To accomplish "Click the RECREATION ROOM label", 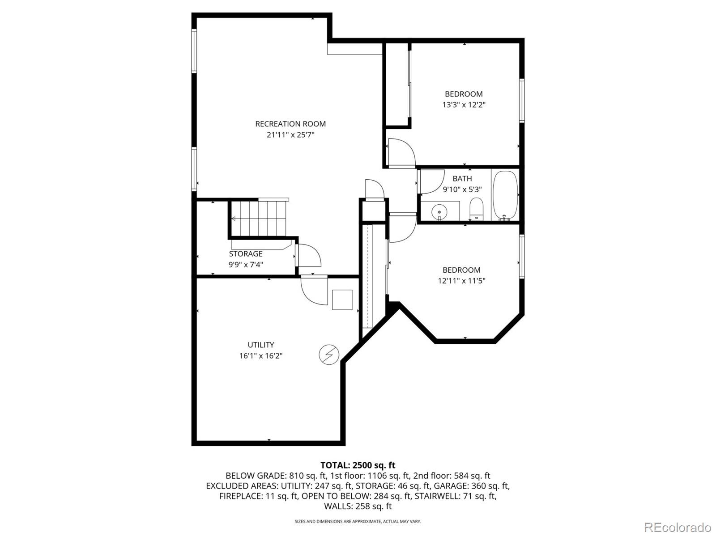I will [x=290, y=124].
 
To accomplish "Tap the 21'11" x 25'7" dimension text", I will [x=290, y=135].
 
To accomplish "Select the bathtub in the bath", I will [x=505, y=195].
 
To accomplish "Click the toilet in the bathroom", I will [x=476, y=208].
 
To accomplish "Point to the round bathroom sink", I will [x=440, y=211].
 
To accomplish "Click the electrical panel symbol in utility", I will [x=329, y=355].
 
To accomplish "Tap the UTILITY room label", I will [x=261, y=345].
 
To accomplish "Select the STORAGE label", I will [x=246, y=254].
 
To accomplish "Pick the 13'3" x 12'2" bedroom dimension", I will [x=464, y=105].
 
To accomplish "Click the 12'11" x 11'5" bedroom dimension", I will [x=461, y=281].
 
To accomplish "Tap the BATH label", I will [x=462, y=178].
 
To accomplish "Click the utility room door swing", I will [x=313, y=291].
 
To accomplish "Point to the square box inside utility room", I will [x=342, y=300].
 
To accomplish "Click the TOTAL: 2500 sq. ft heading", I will [x=358, y=465].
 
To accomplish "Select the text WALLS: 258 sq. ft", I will [x=358, y=506].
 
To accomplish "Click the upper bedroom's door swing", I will [x=401, y=153].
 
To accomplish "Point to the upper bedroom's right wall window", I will [x=522, y=100].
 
